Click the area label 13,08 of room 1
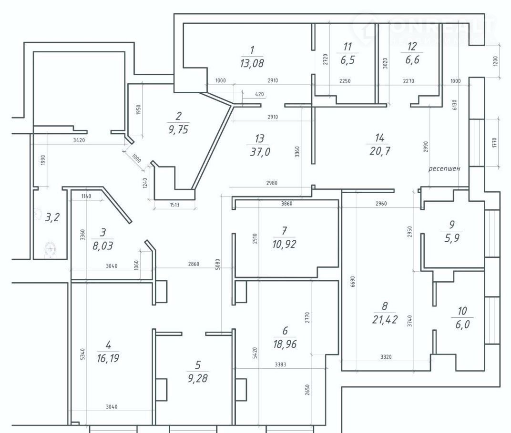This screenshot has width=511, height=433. click(253, 62)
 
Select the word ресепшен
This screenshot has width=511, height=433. click(444, 168)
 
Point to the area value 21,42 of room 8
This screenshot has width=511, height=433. click(385, 318)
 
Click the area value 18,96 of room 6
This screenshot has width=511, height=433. click(286, 344)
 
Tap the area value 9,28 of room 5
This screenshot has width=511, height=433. click(198, 379)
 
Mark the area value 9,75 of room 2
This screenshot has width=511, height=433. click(179, 128)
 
